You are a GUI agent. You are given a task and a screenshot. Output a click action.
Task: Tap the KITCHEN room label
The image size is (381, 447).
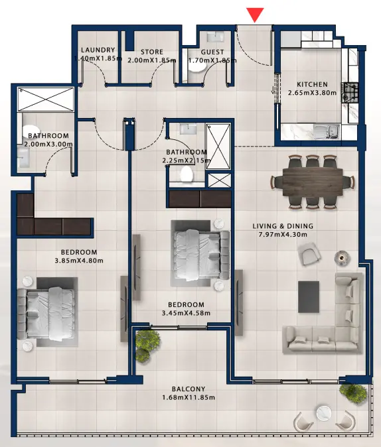coord(312,84)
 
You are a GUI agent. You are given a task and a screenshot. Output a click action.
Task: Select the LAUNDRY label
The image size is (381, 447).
coord(98,50)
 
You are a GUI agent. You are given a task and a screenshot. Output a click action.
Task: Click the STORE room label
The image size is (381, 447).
coord(151,51)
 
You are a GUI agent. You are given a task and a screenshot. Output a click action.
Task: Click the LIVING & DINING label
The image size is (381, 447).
coord(283,226)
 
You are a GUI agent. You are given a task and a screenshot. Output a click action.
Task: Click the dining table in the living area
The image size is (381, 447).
coord(311,178)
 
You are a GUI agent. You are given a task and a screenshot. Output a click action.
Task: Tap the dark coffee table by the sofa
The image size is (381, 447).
coord(309,296)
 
